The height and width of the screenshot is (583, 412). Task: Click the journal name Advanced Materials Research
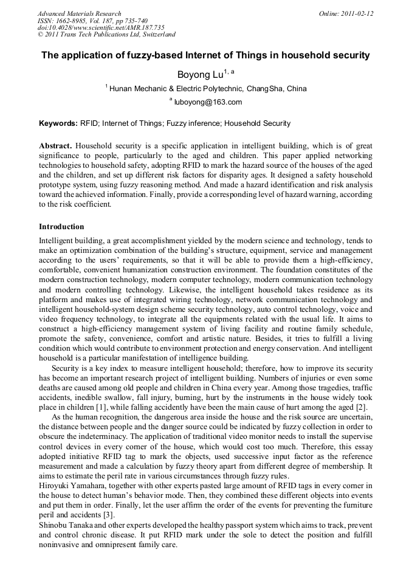(79, 13)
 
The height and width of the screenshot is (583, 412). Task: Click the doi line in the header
(101, 28)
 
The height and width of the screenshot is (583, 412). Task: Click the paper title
(205, 55)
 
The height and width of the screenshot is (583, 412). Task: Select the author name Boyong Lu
(199, 75)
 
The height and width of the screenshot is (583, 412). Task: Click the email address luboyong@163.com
(208, 102)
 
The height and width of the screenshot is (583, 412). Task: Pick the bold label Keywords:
(58, 123)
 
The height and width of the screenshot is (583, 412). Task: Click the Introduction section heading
(61, 227)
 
